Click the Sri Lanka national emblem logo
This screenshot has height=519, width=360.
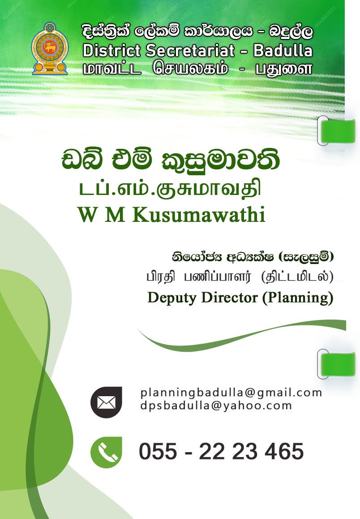point(50,49)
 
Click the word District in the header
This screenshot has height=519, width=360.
point(111,51)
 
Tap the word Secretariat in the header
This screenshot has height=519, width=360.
point(190,51)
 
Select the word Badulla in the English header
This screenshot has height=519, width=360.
point(283,51)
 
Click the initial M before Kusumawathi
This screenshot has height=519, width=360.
point(116,215)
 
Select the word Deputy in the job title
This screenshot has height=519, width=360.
point(172,298)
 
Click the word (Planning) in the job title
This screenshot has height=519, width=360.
point(297,298)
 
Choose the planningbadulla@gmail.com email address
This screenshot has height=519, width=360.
point(231,393)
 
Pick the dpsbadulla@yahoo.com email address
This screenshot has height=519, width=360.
point(216,406)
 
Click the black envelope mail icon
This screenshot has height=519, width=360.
point(107,402)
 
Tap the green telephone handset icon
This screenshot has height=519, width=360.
point(107,452)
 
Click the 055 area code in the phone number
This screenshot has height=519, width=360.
point(158,451)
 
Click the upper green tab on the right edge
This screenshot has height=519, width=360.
point(337,131)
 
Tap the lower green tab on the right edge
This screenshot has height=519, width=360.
point(337,364)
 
